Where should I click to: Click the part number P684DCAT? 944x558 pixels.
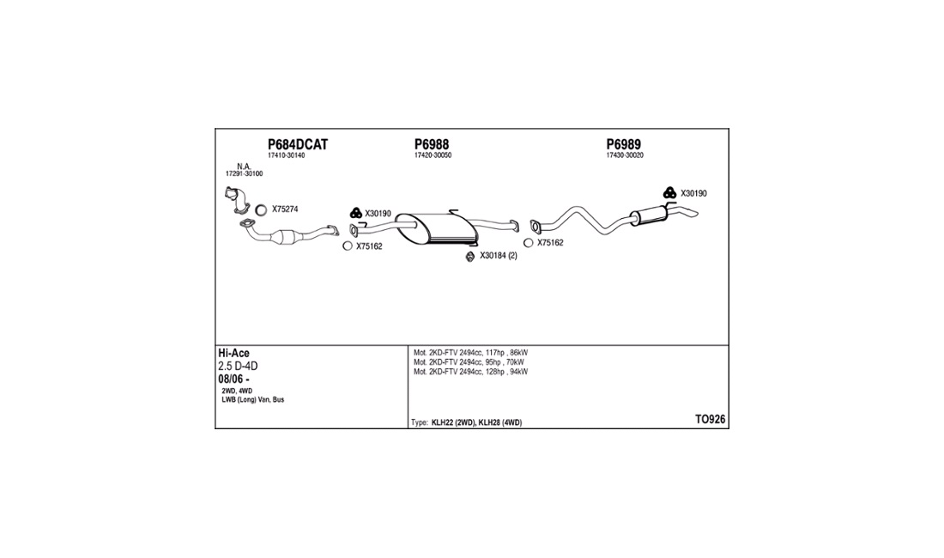click(298, 144)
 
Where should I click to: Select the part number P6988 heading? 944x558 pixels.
click(432, 144)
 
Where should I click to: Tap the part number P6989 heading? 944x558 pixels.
click(624, 144)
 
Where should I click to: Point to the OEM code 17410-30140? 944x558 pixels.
click(287, 155)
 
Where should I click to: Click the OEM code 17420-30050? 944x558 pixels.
click(433, 155)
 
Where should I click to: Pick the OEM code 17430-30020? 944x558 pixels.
click(625, 155)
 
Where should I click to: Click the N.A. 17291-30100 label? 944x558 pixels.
click(245, 170)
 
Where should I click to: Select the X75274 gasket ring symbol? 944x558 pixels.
click(261, 210)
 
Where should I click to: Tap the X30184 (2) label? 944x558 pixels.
click(499, 256)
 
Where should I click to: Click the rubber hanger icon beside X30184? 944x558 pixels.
click(470, 257)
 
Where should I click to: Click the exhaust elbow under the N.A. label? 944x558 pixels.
click(237, 200)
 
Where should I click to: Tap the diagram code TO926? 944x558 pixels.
click(711, 420)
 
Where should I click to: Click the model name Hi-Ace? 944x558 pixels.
click(233, 354)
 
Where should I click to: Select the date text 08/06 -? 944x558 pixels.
click(233, 379)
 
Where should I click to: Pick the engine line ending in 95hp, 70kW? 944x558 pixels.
click(469, 362)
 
